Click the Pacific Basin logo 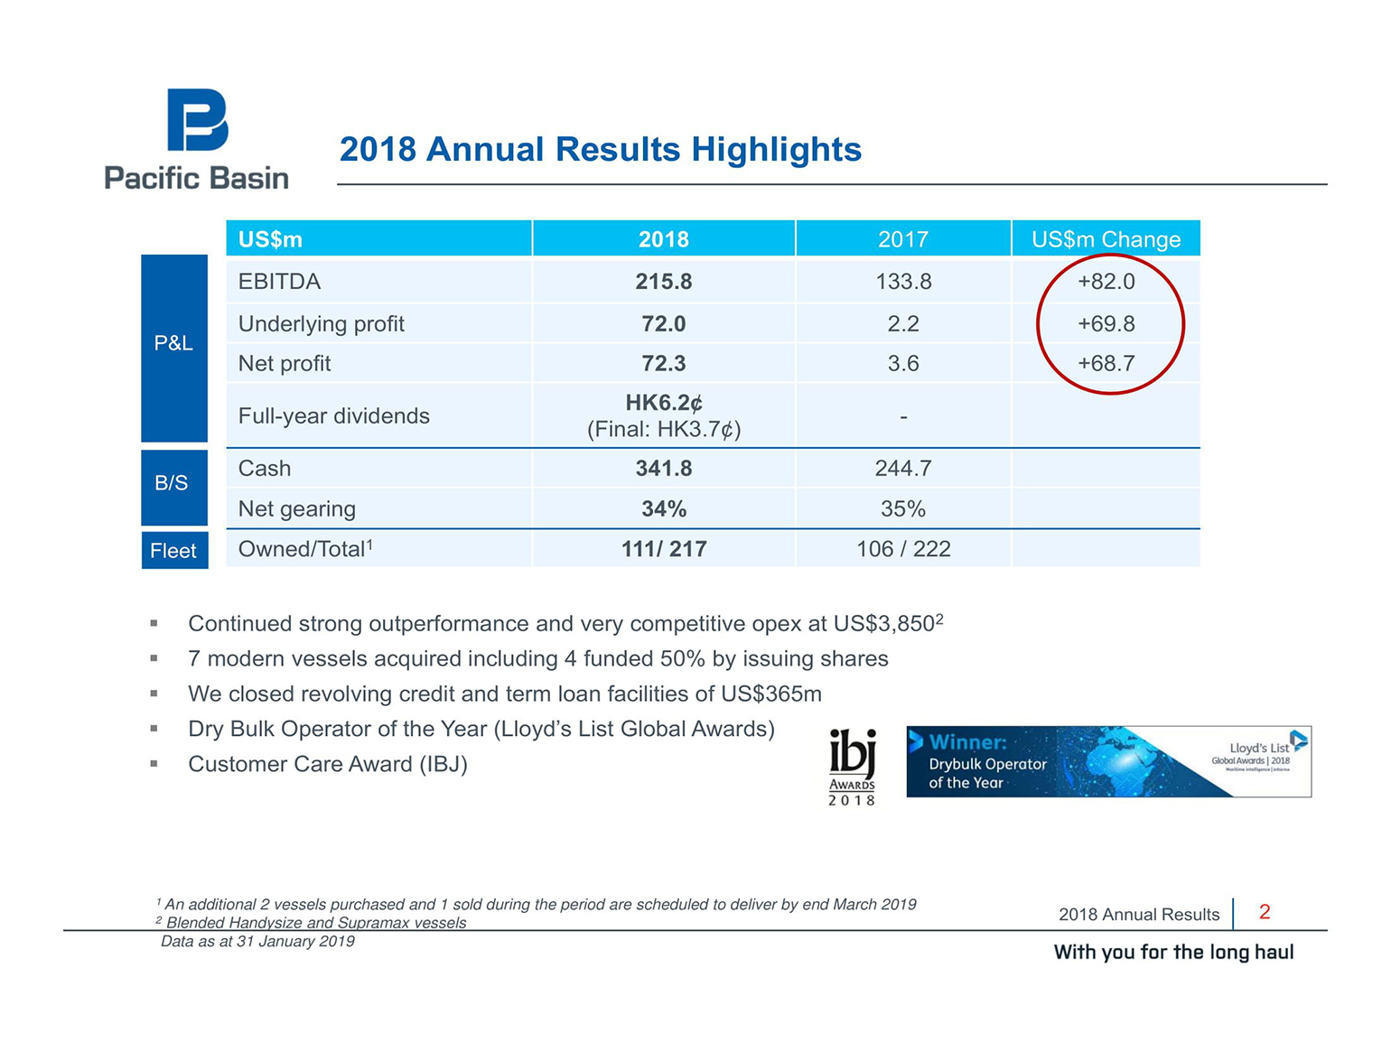[x=196, y=138]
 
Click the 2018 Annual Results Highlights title [x=600, y=150]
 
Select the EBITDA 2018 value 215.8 [x=663, y=282]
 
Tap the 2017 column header [x=902, y=239]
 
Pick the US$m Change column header [x=1106, y=239]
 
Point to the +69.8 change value [x=1106, y=323]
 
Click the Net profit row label [x=285, y=364]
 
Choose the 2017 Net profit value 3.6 [x=902, y=364]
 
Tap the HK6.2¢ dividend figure [x=664, y=403]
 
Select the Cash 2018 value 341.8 [x=663, y=469]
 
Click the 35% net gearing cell [x=902, y=509]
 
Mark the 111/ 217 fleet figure [x=663, y=549]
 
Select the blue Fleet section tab [x=174, y=551]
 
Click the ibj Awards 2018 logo [x=852, y=767]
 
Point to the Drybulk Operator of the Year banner [x=1107, y=761]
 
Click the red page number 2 [x=1265, y=912]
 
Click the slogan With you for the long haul [x=1173, y=952]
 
